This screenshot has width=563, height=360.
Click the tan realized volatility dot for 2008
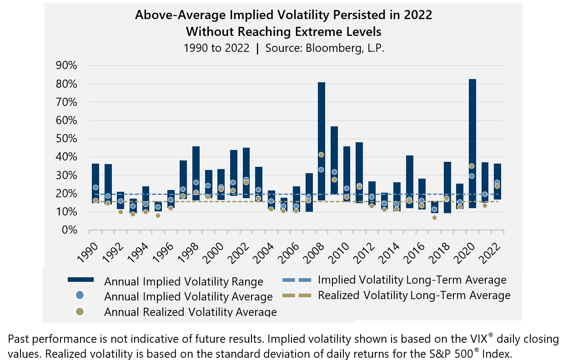pyautogui.click(x=321, y=155)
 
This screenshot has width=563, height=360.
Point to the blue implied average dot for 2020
pyautogui.click(x=472, y=176)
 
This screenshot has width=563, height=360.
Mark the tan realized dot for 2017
pyautogui.click(x=434, y=218)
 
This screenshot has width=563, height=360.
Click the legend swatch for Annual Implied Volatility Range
pyautogui.click(x=80, y=279)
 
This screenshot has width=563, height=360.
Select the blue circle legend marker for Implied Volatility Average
pyautogui.click(x=80, y=295)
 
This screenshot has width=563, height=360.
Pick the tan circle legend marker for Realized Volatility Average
pyautogui.click(x=80, y=311)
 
